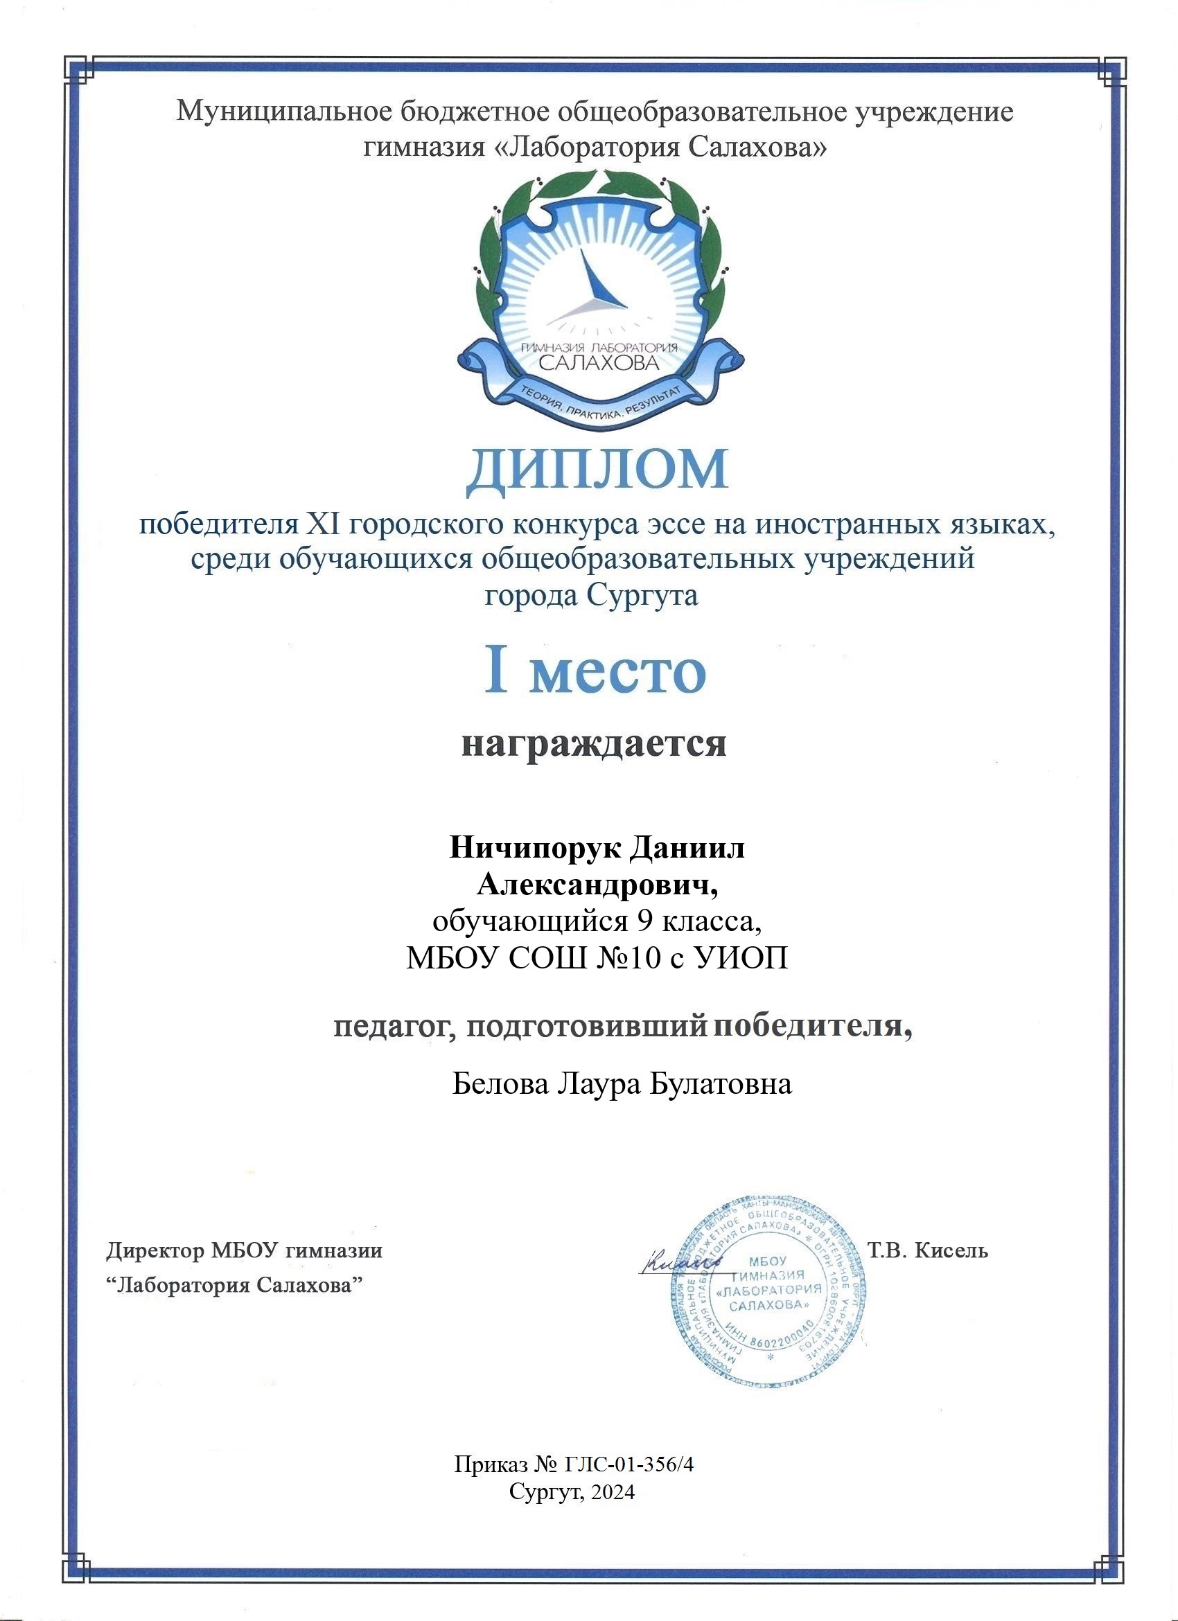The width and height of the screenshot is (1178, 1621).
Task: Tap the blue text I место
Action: coord(595,672)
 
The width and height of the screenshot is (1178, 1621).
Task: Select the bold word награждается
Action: coord(594,743)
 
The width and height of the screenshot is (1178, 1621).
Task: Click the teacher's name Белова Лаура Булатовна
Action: coord(622,1084)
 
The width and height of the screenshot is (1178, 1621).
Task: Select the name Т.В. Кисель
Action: coord(928,1251)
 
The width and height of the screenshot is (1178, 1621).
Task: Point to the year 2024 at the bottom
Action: coord(613,1490)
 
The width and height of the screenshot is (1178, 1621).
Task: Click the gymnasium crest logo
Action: coord(601,300)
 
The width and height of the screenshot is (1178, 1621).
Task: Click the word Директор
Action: coord(155,1251)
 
